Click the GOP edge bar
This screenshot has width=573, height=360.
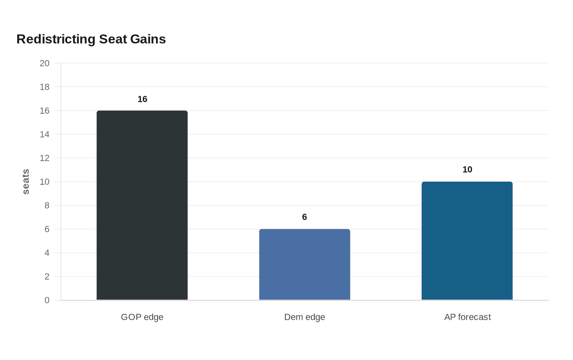click(x=142, y=205)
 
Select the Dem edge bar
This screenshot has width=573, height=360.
click(x=305, y=264)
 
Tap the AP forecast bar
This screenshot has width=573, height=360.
click(x=467, y=241)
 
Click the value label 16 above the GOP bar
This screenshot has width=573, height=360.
click(x=142, y=99)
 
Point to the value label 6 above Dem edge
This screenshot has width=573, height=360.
click(x=305, y=217)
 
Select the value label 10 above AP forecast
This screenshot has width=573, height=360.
click(x=467, y=169)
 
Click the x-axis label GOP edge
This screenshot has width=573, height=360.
click(x=142, y=317)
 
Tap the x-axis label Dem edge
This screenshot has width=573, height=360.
click(x=305, y=317)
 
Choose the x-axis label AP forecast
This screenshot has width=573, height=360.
click(x=467, y=317)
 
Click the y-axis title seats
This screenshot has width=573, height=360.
click(x=25, y=182)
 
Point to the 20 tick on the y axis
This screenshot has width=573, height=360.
click(x=45, y=63)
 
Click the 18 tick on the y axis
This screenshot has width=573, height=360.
click(x=45, y=87)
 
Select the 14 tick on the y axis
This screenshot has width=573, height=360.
click(x=45, y=134)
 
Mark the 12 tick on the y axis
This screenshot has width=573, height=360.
click(x=45, y=158)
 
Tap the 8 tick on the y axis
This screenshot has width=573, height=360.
click(x=47, y=205)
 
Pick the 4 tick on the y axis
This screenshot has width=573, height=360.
click(x=47, y=253)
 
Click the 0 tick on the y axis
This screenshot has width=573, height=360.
click(x=47, y=300)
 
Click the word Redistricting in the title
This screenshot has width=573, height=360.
click(x=56, y=39)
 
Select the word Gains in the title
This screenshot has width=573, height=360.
click(x=148, y=39)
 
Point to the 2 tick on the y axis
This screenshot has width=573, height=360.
click(x=47, y=277)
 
